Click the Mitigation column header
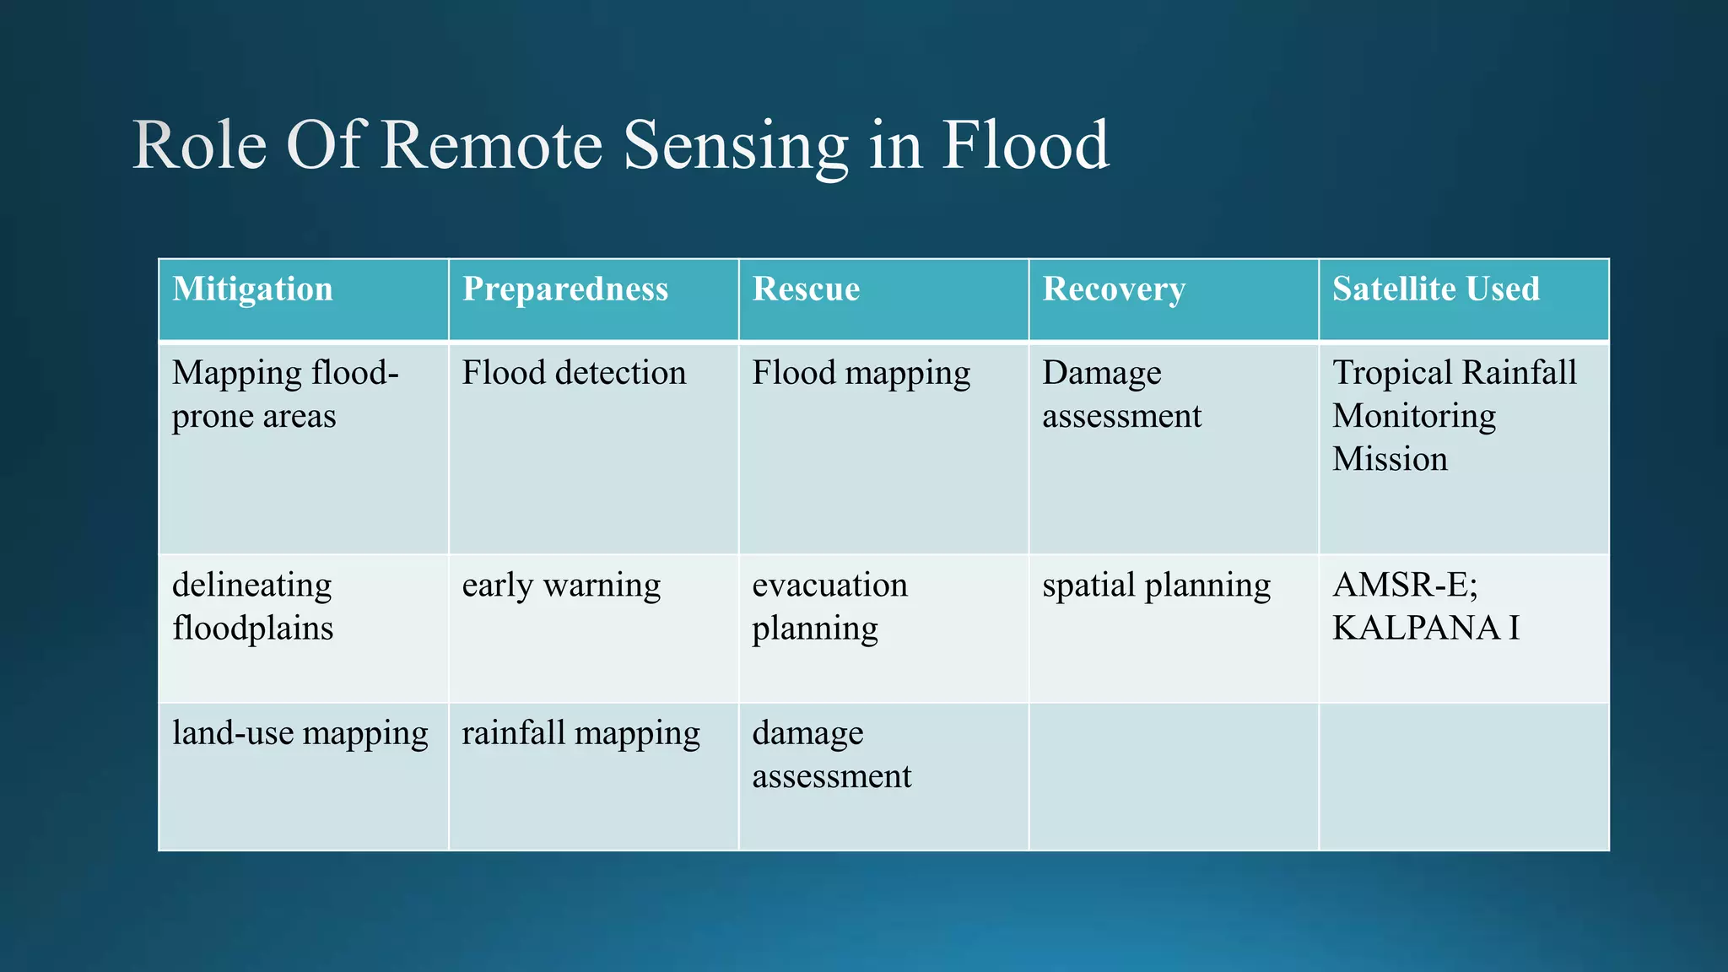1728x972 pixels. (252, 289)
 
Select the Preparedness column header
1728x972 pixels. (564, 289)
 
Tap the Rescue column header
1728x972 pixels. (806, 289)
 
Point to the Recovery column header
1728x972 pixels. (1113, 289)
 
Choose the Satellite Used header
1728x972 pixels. (1435, 289)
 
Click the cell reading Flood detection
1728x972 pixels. (574, 373)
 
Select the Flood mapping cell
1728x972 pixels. (861, 373)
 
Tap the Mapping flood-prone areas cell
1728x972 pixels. (284, 394)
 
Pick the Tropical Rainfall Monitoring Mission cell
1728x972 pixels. (1453, 415)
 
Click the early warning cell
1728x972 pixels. (561, 585)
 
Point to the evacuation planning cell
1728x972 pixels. (829, 606)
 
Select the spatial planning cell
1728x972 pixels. (1156, 585)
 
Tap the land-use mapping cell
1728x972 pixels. (300, 733)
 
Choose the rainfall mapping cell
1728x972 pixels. (580, 733)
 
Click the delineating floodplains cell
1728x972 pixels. (252, 606)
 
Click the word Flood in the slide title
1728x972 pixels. (1024, 145)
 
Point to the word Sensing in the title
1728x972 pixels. (736, 145)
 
